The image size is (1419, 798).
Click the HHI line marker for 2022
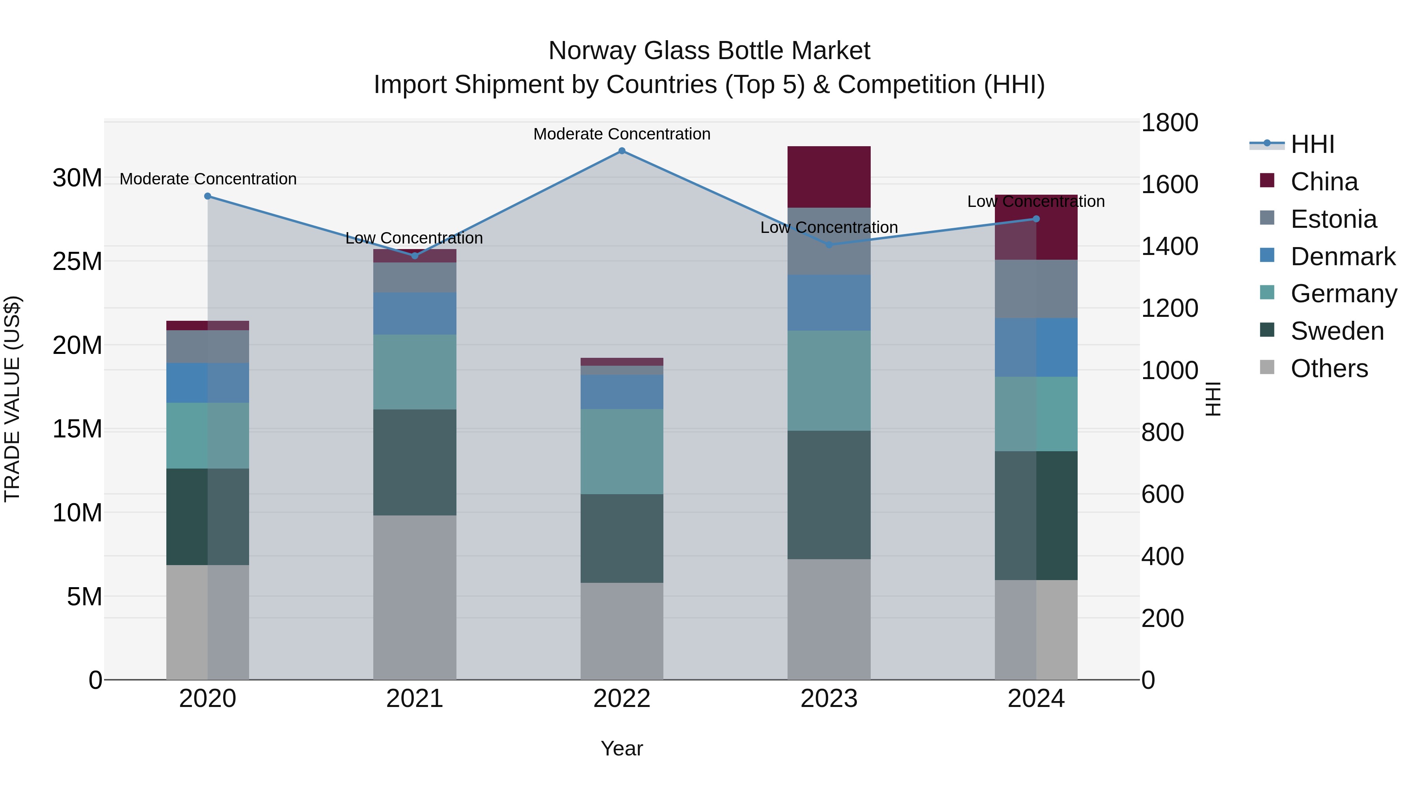tap(622, 151)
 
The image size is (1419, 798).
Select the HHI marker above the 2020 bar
tap(208, 196)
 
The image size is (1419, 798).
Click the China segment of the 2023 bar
tap(829, 177)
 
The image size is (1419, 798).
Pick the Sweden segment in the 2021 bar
tap(415, 462)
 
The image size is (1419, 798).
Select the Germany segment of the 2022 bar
tap(622, 451)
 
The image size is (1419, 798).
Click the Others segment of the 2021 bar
tap(415, 597)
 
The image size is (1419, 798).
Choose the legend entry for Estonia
tap(1333, 219)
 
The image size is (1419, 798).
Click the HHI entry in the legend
tap(1312, 144)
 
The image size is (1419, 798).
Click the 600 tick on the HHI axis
tap(1162, 494)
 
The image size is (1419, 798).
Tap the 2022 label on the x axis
tap(622, 699)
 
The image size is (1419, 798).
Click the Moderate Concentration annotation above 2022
tap(622, 134)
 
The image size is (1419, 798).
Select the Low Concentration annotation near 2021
tap(414, 238)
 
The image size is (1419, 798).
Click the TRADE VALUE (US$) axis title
tap(12, 399)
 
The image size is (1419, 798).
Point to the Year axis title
tap(622, 748)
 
